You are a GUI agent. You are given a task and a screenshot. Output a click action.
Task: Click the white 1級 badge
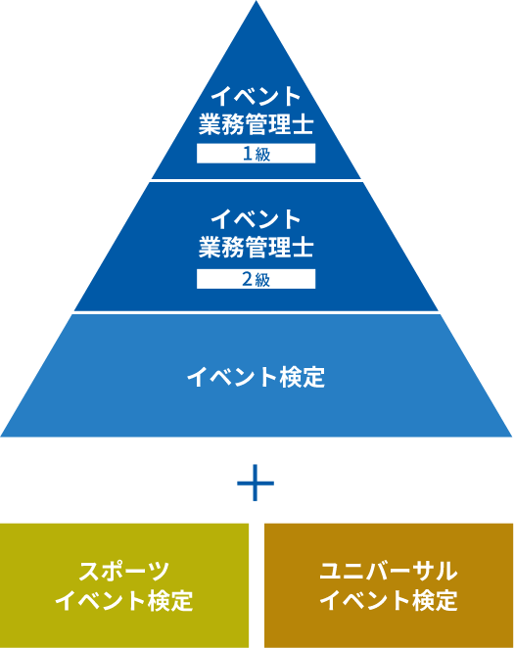coord(257,154)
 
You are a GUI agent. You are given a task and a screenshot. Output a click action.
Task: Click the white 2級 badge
coord(257,279)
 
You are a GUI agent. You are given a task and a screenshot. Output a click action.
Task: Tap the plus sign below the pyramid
coord(256,483)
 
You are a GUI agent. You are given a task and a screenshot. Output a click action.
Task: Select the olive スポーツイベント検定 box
coord(124,585)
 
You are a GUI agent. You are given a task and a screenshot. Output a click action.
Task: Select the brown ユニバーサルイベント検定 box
coord(389,585)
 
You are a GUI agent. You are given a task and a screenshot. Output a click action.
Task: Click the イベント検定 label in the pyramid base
coord(257,377)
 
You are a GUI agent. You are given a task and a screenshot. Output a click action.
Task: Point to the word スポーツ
coord(124,571)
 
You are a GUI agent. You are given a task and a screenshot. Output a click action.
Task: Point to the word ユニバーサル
coord(389,571)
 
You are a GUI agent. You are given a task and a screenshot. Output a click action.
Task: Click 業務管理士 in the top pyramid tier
coord(257,124)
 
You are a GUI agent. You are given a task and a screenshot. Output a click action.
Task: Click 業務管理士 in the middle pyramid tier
coord(257,248)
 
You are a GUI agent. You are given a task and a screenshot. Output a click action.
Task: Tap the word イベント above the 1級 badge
coord(257,96)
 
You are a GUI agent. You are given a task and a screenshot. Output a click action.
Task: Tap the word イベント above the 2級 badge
coord(257,219)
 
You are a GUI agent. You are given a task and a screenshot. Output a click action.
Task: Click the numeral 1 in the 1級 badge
coord(248,154)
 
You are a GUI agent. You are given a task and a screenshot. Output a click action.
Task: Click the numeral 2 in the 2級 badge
coord(247,279)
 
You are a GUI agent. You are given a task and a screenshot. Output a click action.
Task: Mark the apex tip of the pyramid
coord(257,1)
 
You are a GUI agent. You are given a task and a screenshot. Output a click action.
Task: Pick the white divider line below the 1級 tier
coord(257,180)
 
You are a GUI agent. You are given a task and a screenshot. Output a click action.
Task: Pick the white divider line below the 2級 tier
coord(257,313)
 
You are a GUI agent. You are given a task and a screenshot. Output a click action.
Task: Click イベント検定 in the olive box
coord(124,600)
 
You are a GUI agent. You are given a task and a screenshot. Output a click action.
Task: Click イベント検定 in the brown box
coord(389,600)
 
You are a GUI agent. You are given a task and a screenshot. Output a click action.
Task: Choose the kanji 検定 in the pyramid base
coord(303,377)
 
